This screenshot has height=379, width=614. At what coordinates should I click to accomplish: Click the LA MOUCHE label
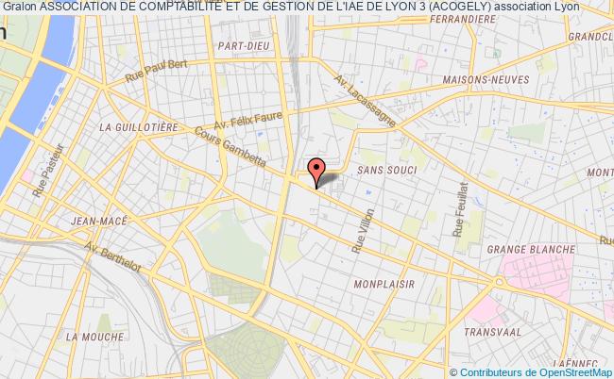click(x=94, y=335)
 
